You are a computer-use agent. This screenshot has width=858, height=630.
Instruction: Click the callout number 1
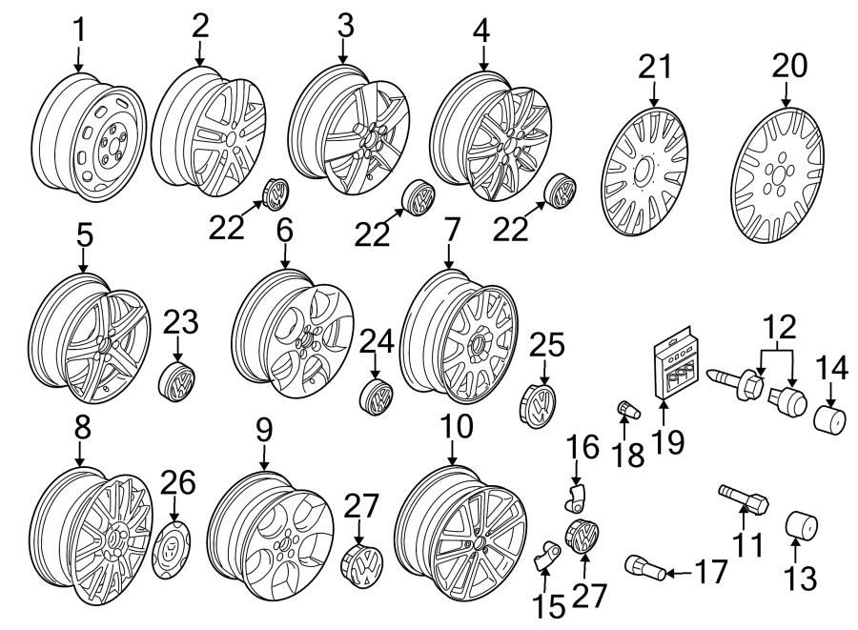(x=80, y=30)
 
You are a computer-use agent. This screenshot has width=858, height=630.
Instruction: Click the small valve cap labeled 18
(x=629, y=410)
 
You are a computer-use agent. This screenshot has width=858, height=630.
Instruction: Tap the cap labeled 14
(x=830, y=415)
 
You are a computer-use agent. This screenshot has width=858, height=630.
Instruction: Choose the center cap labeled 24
(x=377, y=396)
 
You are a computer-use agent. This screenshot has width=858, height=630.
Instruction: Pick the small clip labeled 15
(x=547, y=557)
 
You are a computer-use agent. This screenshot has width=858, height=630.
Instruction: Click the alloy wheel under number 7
(x=459, y=331)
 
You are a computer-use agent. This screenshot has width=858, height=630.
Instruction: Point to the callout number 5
(x=84, y=234)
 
